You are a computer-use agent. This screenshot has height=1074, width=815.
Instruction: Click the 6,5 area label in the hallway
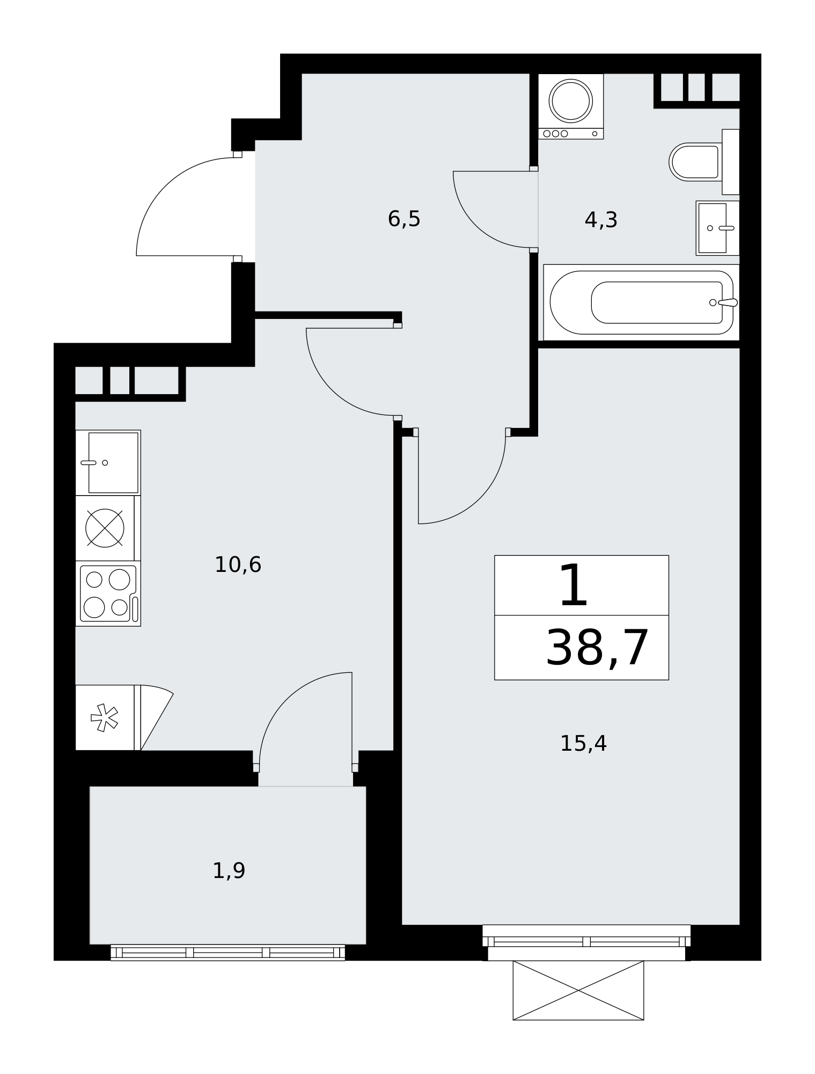[404, 219]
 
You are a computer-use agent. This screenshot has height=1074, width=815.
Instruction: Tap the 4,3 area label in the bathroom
[601, 220]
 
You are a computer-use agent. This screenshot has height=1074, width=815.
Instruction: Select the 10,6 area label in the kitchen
[238, 565]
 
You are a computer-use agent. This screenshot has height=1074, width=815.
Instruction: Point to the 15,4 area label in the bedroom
[583, 744]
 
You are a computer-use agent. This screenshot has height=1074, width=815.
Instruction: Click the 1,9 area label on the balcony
[229, 870]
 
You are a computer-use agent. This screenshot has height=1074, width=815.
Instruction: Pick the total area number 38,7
[597, 648]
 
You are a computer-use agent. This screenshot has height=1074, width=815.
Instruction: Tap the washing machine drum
[571, 100]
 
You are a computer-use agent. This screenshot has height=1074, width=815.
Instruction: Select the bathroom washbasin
[717, 228]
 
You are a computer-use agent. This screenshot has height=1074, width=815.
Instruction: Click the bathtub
[641, 302]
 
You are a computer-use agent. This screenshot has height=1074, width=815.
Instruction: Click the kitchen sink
[108, 462]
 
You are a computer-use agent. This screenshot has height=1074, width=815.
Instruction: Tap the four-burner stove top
[108, 593]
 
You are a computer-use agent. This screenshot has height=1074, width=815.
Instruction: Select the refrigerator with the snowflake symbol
[108, 717]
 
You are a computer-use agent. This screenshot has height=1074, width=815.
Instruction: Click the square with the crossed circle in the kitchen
[105, 528]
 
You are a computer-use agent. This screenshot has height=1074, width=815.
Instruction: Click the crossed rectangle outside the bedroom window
[578, 990]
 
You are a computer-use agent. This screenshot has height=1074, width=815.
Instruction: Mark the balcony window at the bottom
[227, 952]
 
